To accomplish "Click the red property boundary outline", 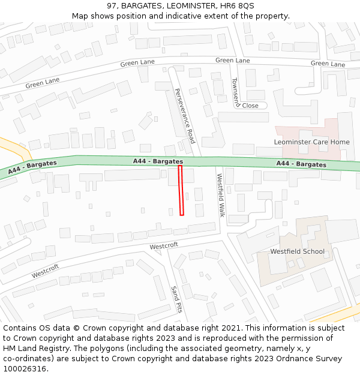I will [181, 190].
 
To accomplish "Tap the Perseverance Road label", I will [184, 115].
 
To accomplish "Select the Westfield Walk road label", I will [220, 195].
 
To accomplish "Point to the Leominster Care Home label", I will [311, 142].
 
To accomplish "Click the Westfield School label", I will [297, 251].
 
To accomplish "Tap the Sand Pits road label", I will [176, 299].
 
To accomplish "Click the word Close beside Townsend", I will [250, 106].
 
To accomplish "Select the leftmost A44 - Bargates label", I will [32, 167].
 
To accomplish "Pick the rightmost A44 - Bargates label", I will [301, 164].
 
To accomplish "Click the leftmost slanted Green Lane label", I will [42, 83].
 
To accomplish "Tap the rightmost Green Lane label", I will [328, 64].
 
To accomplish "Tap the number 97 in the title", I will [112, 5].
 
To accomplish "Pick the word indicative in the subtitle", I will [196, 16].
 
